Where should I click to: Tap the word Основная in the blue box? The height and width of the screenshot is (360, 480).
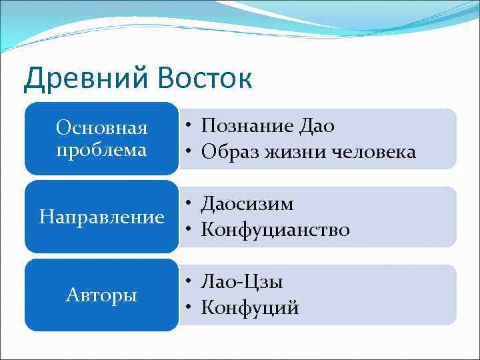(101, 127)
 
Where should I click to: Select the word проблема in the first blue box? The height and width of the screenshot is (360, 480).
(101, 150)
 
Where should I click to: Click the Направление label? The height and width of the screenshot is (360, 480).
(101, 217)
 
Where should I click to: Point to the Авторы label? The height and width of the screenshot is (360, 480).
(101, 295)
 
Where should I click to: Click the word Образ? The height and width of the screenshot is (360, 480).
(230, 152)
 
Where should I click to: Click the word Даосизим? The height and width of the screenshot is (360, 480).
(247, 204)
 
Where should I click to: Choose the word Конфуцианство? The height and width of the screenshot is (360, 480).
(275, 230)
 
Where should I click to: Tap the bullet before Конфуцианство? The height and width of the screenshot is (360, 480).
(190, 231)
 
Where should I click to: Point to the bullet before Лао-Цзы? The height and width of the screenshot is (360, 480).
(190, 283)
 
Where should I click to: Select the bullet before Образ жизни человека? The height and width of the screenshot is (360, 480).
(190, 153)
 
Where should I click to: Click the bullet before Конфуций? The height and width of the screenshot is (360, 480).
(190, 309)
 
